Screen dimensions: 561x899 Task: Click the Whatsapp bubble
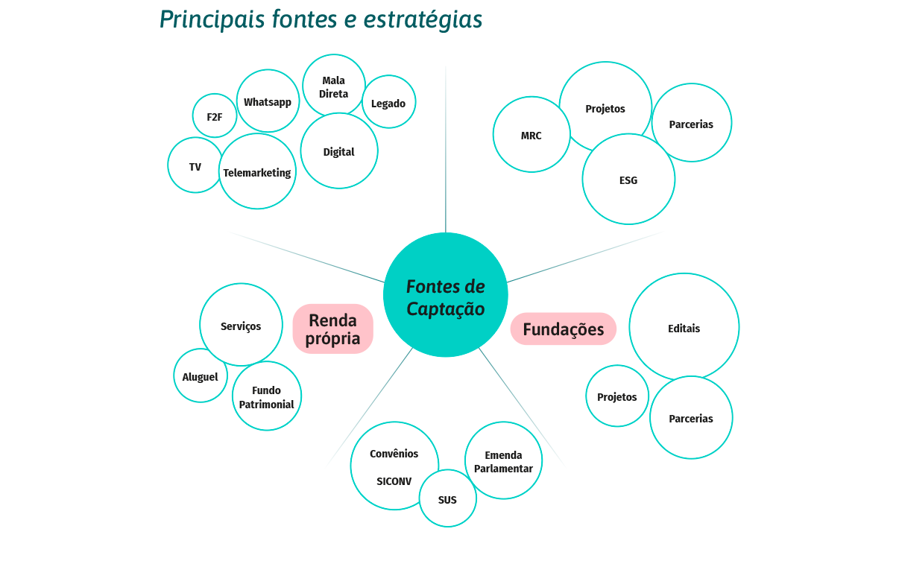267,102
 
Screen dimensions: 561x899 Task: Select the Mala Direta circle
333,87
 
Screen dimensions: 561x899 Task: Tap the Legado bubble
388,103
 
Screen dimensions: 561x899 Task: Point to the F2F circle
215,116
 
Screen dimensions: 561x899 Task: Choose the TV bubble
195,166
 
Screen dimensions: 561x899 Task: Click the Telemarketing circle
257,172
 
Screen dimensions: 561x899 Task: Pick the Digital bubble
338,151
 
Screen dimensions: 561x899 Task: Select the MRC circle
531,136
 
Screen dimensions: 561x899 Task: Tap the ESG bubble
628,180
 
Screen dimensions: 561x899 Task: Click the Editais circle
684,328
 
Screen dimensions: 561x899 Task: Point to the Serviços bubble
241,326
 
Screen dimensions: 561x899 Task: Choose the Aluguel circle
201,376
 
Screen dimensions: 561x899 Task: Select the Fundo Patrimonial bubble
266,396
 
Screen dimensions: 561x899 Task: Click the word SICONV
394,481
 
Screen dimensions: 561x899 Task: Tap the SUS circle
447,499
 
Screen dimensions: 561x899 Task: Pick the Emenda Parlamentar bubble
503,461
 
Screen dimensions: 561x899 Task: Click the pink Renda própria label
332,329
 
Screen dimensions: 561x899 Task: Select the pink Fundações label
563,329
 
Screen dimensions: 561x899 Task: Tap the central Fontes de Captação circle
445,296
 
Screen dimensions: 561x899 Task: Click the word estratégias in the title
423,20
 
